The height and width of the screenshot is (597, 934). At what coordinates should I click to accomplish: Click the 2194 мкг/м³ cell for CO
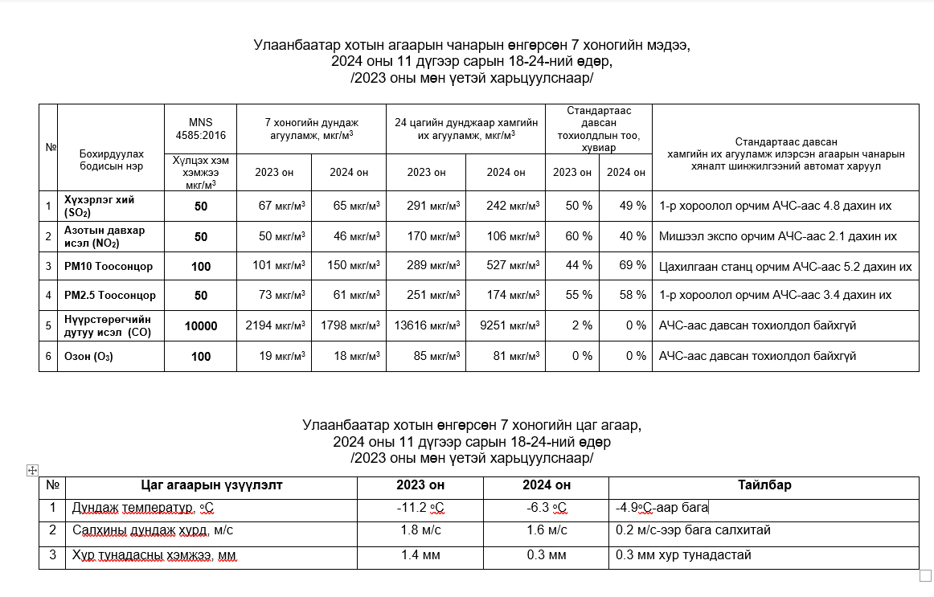[x=275, y=325]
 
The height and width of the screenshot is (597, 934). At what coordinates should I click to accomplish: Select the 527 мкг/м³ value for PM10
[x=506, y=266]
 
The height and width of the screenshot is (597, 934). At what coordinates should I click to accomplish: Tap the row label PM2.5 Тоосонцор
[x=110, y=296]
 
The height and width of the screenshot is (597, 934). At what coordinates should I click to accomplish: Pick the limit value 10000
[x=201, y=325]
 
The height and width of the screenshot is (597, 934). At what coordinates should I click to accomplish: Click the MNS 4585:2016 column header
[x=201, y=129]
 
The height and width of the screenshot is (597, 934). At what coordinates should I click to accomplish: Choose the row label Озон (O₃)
[x=88, y=356]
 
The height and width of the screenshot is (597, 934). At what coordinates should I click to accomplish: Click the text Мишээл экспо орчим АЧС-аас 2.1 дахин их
[x=777, y=236]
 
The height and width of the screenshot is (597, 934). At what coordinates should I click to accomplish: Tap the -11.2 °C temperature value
[x=420, y=508]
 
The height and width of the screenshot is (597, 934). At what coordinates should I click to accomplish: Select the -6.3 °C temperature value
[x=546, y=508]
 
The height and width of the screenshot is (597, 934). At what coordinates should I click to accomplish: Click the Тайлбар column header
[x=764, y=485]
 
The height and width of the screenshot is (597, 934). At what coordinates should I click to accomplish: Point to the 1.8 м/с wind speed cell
[x=420, y=530]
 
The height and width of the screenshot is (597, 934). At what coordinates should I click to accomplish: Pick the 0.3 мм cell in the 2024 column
[x=546, y=554]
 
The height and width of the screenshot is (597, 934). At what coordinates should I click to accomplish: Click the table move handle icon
[x=33, y=470]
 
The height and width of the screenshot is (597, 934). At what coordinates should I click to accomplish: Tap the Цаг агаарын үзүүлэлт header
[x=211, y=485]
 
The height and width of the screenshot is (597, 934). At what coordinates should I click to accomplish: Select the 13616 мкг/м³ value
[x=426, y=325]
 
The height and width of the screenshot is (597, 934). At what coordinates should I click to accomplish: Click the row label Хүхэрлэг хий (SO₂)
[x=99, y=206]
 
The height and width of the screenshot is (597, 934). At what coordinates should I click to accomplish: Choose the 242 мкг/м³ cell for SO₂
[x=506, y=206]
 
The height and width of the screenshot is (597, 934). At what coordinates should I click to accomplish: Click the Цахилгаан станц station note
[x=784, y=266]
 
